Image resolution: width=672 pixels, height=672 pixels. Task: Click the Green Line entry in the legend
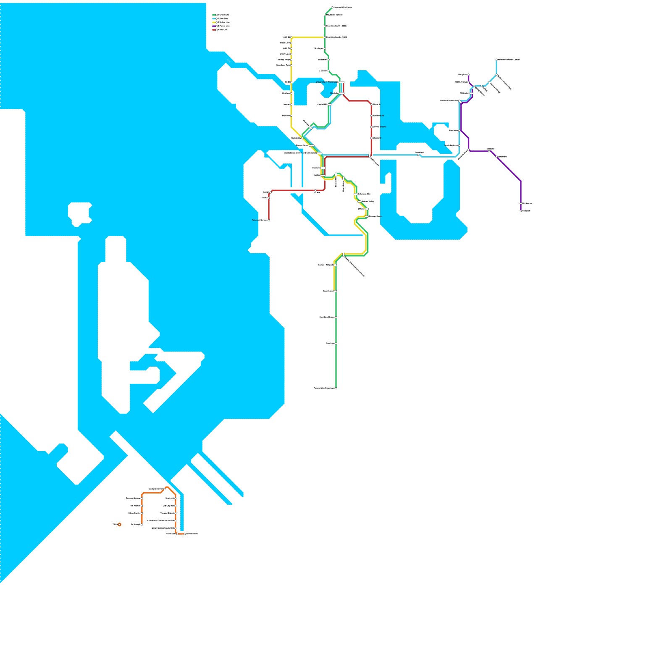click(221, 15)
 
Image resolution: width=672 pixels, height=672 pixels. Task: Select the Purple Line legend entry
click(221, 26)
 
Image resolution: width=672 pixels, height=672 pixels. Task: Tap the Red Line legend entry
click(221, 30)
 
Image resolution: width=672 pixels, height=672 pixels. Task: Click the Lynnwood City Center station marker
click(332, 8)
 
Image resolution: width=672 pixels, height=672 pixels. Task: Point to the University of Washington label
click(327, 82)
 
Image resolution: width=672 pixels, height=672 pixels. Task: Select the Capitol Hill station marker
click(330, 104)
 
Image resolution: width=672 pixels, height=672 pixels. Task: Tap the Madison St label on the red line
click(378, 115)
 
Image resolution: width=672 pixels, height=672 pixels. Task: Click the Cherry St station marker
click(372, 138)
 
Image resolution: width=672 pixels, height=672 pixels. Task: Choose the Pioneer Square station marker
click(312, 145)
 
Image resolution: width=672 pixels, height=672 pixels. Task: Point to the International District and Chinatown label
click(299, 153)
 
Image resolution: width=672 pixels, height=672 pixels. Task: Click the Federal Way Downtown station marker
click(336, 388)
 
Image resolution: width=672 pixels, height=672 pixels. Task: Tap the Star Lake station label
click(330, 343)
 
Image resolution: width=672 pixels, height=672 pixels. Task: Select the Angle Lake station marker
click(335, 291)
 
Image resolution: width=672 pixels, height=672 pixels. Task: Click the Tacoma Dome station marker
click(185, 534)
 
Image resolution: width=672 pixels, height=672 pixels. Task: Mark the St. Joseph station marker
click(142, 524)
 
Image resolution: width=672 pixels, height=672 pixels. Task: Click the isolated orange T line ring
click(119, 524)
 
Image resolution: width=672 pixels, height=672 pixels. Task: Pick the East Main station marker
click(459, 131)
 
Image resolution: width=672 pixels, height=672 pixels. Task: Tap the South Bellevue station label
click(451, 145)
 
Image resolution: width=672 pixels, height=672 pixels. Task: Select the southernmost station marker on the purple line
click(521, 211)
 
